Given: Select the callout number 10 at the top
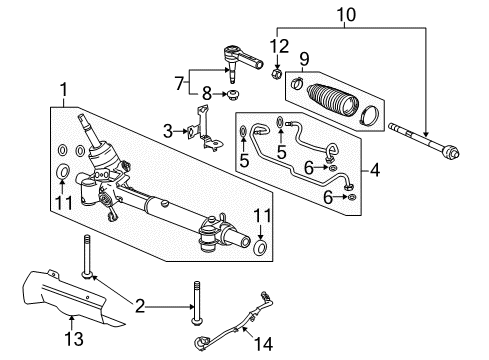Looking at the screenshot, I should point(347,15).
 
